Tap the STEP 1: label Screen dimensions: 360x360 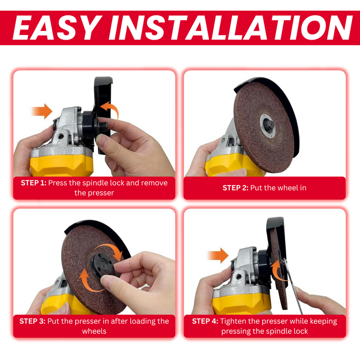point(33,183)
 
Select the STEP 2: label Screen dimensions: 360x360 point(235,188)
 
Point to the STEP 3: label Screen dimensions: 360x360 point(32,321)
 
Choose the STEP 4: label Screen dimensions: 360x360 point(205,321)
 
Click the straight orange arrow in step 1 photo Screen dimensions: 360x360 point(42,111)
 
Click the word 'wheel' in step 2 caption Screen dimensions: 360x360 point(295,188)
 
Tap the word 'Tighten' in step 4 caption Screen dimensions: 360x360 point(234,321)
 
